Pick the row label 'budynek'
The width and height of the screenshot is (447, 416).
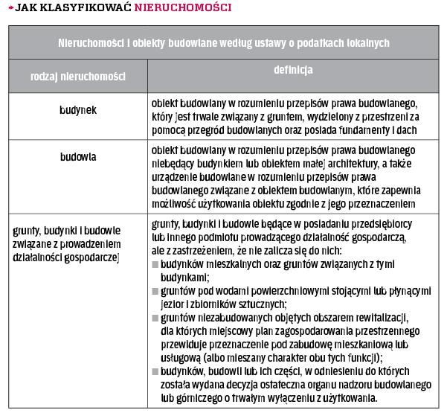pyautogui.click(x=78, y=110)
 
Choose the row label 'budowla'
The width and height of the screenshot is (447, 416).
pyautogui.click(x=78, y=157)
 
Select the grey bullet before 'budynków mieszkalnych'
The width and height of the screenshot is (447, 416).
pyautogui.click(x=155, y=265)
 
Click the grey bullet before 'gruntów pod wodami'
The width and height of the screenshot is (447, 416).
pyautogui.click(x=155, y=291)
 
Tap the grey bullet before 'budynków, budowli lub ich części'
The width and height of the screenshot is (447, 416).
pyautogui.click(x=155, y=371)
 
